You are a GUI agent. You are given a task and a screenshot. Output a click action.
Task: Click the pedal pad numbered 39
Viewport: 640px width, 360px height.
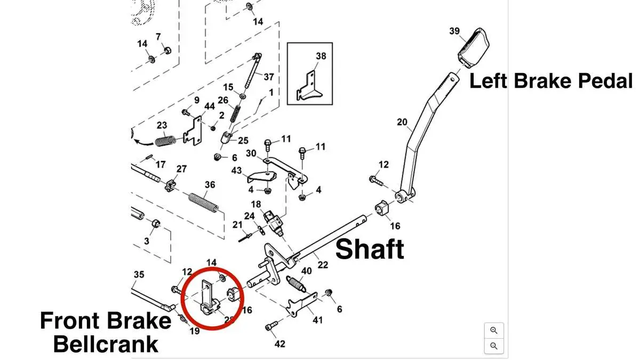[x=474, y=48]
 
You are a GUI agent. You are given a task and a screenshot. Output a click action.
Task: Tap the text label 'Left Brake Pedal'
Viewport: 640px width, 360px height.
[x=551, y=81]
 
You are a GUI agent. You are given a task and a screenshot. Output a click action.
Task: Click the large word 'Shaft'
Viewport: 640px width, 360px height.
[x=370, y=249]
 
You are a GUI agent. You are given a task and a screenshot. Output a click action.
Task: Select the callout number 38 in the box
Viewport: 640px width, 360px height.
[x=321, y=56]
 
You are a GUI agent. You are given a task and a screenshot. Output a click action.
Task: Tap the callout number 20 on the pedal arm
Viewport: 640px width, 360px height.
[x=402, y=122]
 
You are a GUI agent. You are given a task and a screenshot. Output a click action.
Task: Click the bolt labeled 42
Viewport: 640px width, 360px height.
[x=271, y=326]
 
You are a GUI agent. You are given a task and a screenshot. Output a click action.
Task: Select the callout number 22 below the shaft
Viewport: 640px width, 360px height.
[x=323, y=265]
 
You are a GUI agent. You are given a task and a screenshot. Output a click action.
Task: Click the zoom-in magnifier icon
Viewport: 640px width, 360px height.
[x=494, y=331]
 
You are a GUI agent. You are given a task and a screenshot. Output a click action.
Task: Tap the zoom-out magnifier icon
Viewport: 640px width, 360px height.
[x=494, y=346]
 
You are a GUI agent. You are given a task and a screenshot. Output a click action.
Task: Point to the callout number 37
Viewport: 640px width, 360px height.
[x=269, y=77]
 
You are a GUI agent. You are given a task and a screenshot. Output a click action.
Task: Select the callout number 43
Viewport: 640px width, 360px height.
[x=236, y=171]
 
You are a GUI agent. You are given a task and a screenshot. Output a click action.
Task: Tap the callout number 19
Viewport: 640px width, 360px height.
[x=195, y=331]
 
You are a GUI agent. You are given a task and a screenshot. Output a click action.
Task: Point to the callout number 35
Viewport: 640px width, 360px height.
[x=139, y=274]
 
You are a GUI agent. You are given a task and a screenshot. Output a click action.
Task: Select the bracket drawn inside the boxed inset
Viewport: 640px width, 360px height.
[x=309, y=86]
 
